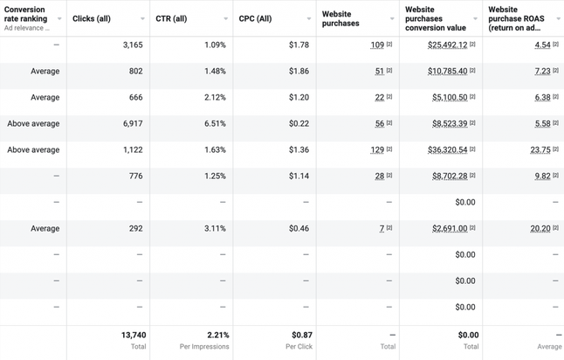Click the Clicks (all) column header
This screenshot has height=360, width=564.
(92, 18)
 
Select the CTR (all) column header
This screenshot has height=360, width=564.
(172, 18)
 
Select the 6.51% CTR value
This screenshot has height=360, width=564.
(215, 123)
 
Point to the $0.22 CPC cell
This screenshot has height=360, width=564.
(299, 123)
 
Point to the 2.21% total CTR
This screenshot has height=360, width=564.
(217, 335)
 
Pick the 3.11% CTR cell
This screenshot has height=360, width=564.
(215, 228)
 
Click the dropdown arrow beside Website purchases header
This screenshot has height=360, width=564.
(392, 18)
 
